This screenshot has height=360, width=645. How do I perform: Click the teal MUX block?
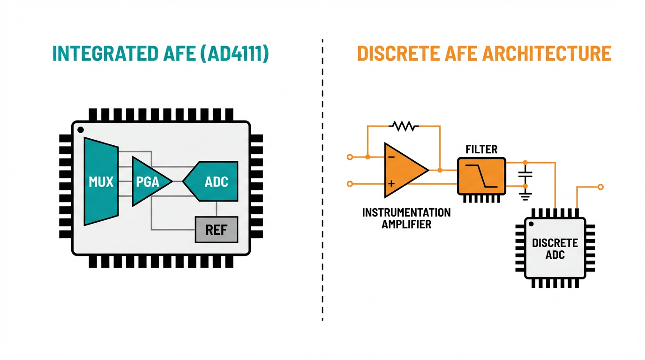click(x=101, y=181)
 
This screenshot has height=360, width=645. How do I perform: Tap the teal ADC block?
click(x=213, y=181)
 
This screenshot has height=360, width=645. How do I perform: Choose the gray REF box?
click(x=216, y=229)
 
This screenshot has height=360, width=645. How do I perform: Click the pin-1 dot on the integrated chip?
click(x=80, y=129)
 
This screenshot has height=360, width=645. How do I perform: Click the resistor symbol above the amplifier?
click(x=404, y=126)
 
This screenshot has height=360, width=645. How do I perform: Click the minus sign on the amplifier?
click(x=391, y=157)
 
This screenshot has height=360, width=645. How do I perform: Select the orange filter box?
click(x=482, y=176)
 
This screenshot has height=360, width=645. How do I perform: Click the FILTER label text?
click(x=481, y=150)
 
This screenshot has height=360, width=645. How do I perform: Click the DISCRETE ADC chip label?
click(x=555, y=249)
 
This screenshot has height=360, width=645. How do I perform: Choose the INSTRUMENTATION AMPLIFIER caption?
click(x=406, y=218)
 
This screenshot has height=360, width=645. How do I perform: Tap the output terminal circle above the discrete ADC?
click(x=601, y=187)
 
